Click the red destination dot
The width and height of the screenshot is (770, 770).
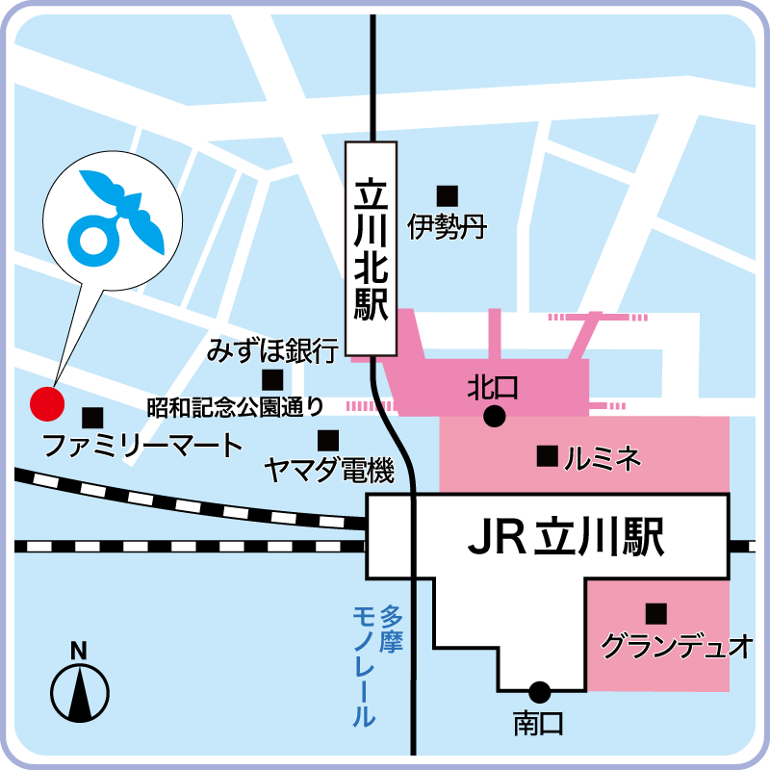click(46, 403)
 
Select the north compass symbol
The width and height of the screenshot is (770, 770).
click(80, 692)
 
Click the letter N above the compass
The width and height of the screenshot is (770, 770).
click(80, 651)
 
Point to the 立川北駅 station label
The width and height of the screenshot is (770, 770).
click(371, 248)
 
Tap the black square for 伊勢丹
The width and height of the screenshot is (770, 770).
click(446, 193)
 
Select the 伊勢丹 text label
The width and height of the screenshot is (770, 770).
click(446, 227)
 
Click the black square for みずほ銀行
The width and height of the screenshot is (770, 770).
click(272, 379)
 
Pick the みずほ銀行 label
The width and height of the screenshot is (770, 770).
click(271, 349)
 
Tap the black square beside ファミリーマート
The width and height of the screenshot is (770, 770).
click(92, 418)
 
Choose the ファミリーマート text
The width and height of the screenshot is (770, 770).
click(143, 446)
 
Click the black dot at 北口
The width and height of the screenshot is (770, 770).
click(494, 416)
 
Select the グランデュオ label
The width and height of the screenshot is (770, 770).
click(676, 645)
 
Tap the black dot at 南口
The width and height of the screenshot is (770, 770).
click(539, 691)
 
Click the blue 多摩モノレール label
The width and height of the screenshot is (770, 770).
click(375, 664)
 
